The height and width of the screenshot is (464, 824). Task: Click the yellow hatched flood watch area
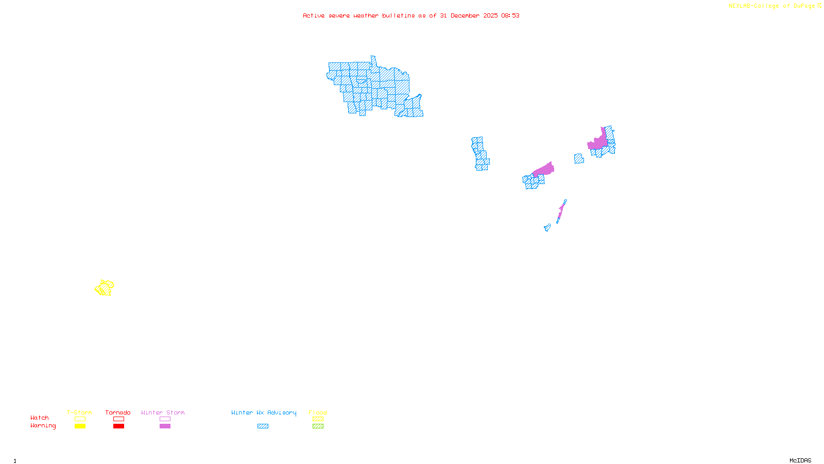pyautogui.click(x=105, y=288)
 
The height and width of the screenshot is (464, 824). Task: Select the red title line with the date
pyautogui.click(x=411, y=16)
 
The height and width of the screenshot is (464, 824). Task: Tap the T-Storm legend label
pyautogui.click(x=79, y=412)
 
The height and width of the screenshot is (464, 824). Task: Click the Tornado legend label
pyautogui.click(x=118, y=412)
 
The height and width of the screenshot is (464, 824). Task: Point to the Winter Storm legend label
pyautogui.click(x=163, y=412)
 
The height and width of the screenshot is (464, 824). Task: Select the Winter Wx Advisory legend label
pyautogui.click(x=264, y=412)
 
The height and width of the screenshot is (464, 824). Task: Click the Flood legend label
pyautogui.click(x=318, y=412)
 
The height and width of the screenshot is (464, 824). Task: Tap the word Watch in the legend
pyautogui.click(x=40, y=418)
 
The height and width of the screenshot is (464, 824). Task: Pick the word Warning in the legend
pyautogui.click(x=43, y=426)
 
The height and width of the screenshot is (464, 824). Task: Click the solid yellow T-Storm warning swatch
pyautogui.click(x=80, y=426)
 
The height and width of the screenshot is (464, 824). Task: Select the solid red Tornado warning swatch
pyautogui.click(x=118, y=426)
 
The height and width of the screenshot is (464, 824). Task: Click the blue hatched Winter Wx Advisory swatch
pyautogui.click(x=263, y=426)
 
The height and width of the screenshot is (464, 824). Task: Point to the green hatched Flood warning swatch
pyautogui.click(x=318, y=426)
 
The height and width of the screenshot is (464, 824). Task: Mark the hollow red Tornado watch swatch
pyautogui.click(x=118, y=419)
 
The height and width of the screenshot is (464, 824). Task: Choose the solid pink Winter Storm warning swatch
pyautogui.click(x=165, y=426)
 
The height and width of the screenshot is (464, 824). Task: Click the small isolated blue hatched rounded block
pyautogui.click(x=579, y=159)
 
